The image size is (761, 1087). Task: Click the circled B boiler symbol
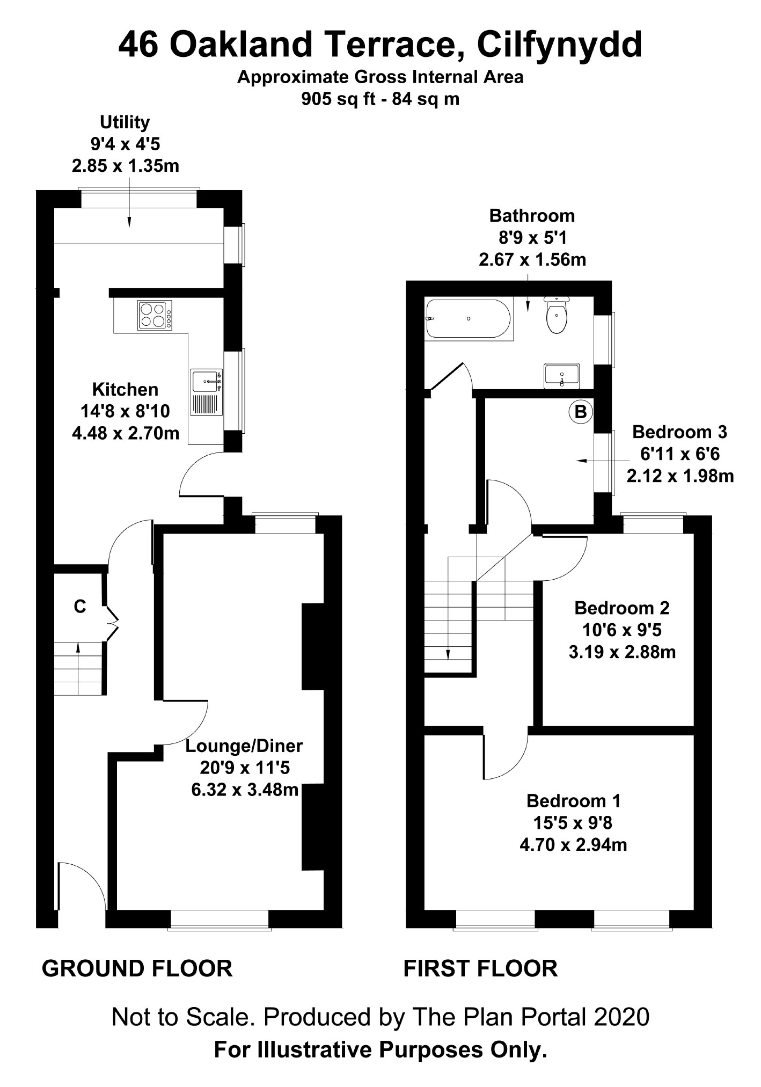tap(581, 412)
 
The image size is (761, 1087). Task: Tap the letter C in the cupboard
tap(80, 607)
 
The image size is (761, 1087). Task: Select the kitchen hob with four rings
tap(155, 315)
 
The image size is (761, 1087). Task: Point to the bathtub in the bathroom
tap(467, 318)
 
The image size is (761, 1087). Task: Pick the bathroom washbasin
tap(562, 376)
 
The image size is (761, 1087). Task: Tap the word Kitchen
tap(126, 389)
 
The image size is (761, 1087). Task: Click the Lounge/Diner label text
tap(244, 746)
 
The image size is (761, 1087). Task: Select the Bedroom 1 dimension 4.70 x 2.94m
tap(573, 845)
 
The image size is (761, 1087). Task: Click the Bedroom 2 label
tap(622, 608)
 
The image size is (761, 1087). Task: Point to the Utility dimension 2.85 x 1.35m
tap(126, 166)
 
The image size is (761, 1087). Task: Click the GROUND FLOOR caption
tap(137, 969)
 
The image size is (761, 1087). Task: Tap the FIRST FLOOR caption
tap(480, 969)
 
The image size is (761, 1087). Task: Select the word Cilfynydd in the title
tap(559, 46)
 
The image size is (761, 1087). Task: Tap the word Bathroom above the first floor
tap(532, 215)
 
